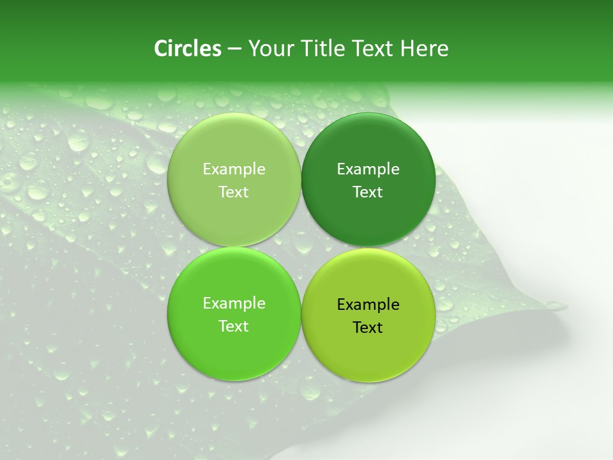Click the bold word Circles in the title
pos(187,49)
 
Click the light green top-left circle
pos(234,147)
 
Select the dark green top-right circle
pos(368,147)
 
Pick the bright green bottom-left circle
pos(234,348)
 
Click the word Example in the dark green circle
pos(368,169)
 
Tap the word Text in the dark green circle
pos(368,192)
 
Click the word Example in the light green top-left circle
pos(234,169)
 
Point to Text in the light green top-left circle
pos(234,192)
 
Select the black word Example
pos(368,305)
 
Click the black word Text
pos(368,328)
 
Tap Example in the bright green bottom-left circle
pos(234,303)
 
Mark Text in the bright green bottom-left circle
pos(234,326)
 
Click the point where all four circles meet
pos(301,247)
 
